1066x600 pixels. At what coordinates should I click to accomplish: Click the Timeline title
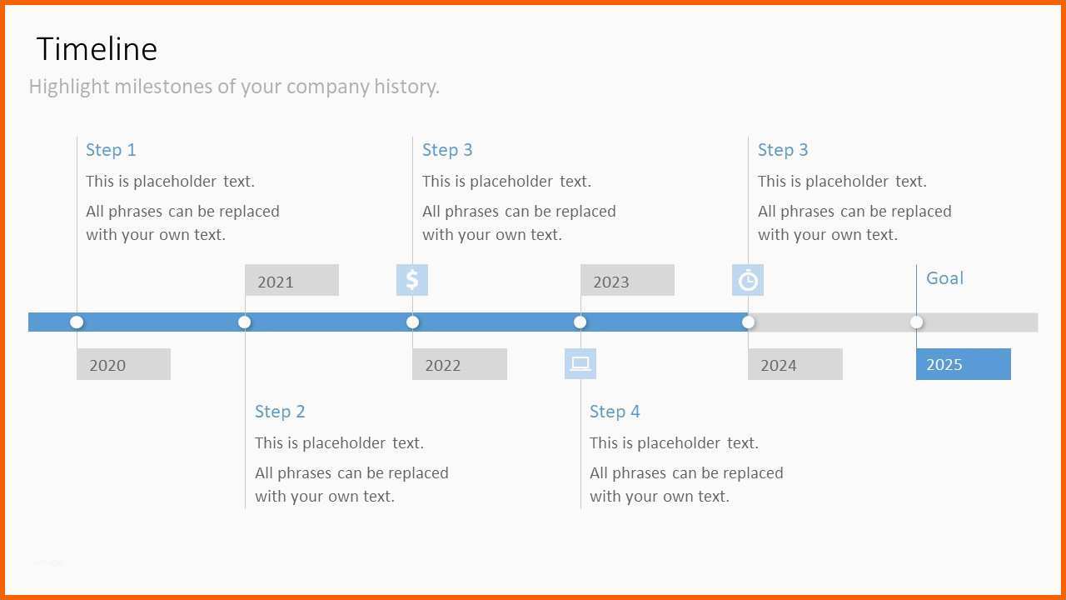pos(97,49)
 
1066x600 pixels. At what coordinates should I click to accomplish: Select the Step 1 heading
pos(111,150)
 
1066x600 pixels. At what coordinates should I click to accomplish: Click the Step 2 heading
pos(280,412)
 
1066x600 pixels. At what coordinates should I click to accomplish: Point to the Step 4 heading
pos(615,412)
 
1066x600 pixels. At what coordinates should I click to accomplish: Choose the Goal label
pos(944,278)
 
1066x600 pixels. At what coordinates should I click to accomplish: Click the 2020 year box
pos(124,364)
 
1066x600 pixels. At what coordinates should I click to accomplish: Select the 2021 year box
pos(291,280)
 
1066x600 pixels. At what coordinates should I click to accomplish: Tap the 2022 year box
pos(460,364)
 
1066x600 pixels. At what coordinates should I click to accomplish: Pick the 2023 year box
pos(627,280)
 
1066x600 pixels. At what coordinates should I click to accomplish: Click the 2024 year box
pos(795,364)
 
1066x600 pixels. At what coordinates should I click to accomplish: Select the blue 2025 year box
pos(964,364)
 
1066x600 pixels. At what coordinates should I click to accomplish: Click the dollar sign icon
pos(412,280)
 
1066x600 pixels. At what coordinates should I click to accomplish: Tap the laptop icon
pos(580,364)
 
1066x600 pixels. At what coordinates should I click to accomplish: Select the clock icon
pos(748,280)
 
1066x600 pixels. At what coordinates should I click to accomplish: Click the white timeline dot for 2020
pos(77,322)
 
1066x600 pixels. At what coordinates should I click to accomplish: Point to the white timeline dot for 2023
pos(580,322)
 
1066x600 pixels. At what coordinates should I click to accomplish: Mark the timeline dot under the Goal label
pos(917,322)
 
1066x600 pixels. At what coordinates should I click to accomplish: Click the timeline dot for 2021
pos(245,322)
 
